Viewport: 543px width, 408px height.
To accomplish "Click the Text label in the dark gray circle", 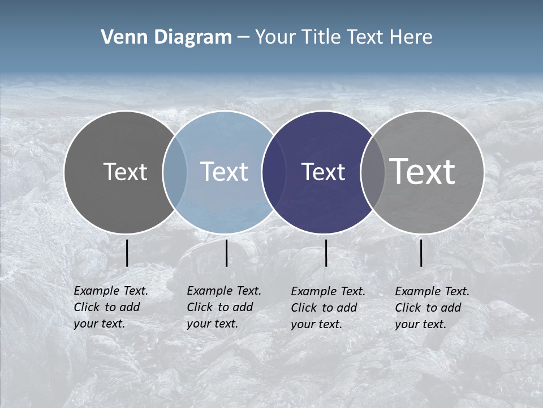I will (125, 172).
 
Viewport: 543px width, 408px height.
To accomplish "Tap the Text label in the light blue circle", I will (224, 172).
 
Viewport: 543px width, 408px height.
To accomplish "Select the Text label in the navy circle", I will (323, 172).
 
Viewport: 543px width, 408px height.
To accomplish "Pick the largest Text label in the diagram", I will (423, 171).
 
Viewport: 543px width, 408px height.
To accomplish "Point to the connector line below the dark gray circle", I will (127, 253).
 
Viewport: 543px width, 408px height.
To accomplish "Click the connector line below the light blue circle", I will (226, 253).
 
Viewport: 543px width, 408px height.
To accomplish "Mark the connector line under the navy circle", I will (326, 253).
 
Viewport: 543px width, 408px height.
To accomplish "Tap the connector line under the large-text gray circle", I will (421, 253).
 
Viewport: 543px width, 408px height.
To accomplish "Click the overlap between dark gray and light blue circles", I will (175, 172).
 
